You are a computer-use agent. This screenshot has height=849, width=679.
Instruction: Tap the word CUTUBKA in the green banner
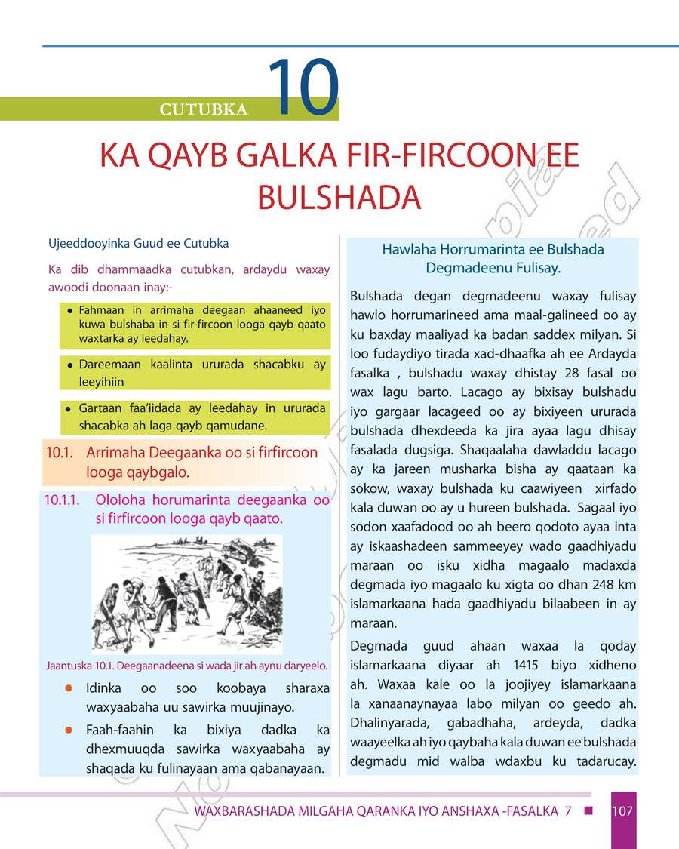point(204,110)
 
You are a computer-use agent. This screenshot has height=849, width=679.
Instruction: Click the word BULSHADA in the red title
point(339,197)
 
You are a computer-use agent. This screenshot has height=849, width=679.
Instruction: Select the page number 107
point(622,812)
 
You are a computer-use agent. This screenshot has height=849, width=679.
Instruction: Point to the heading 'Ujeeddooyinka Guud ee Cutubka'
point(138,244)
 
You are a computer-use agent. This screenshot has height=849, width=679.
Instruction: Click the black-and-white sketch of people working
point(186,594)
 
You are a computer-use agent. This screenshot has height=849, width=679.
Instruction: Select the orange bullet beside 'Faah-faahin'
point(69,731)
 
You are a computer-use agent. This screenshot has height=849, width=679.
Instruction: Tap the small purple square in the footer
point(589,811)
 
